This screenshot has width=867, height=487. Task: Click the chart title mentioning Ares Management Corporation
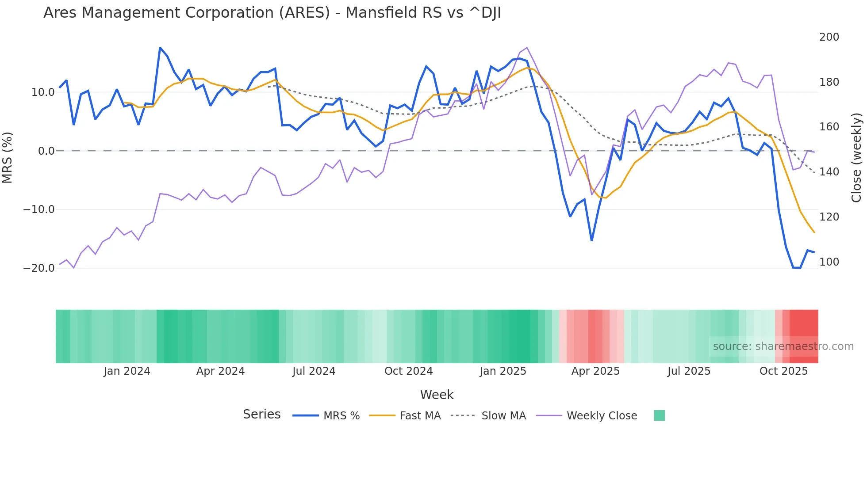coord(272,13)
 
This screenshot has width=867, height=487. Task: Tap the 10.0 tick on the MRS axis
coord(43,92)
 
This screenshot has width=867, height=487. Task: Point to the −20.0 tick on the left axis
coord(39,268)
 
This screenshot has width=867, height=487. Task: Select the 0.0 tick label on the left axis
coord(46,151)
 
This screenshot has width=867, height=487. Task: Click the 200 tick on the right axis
coord(829,37)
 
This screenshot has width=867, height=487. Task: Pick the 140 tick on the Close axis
coord(829,172)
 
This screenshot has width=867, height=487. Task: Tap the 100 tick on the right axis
coord(829,262)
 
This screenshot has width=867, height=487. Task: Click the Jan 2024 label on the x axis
coord(127,371)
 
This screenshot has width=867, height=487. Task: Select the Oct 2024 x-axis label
coord(408,371)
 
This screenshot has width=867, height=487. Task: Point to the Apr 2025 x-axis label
coord(595,371)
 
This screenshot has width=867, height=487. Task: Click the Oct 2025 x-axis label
coord(783,371)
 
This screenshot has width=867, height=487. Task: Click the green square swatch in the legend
coord(659,415)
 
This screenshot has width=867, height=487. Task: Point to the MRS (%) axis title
coord(8,158)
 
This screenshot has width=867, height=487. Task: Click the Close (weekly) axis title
coord(856,158)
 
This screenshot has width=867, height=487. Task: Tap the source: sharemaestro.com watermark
coord(783,346)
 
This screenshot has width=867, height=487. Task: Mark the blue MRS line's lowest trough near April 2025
coord(591,240)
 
